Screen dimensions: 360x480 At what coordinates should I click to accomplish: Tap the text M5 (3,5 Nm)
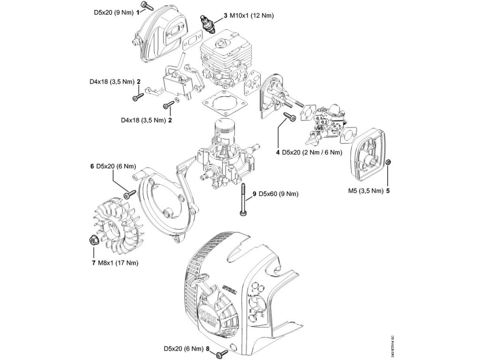click(365, 191)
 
